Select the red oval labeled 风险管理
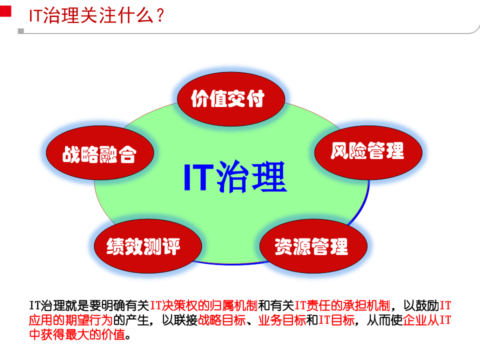[367, 150]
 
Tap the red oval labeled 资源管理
[311, 246]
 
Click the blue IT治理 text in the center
[235, 177]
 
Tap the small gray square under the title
[20, 30]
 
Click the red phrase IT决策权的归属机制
[203, 304]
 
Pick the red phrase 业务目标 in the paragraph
[281, 319]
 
